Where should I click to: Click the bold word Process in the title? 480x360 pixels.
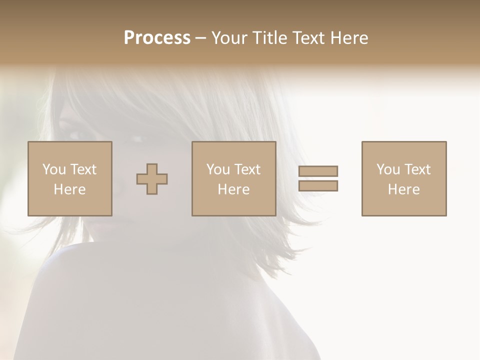pyautogui.click(x=157, y=38)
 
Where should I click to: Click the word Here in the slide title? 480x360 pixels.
pyautogui.click(x=350, y=38)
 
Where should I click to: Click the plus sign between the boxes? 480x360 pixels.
pyautogui.click(x=152, y=179)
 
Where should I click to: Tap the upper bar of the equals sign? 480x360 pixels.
pyautogui.click(x=318, y=171)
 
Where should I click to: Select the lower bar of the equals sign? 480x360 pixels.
pyautogui.click(x=318, y=186)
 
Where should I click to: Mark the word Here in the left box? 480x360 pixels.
pyautogui.click(x=69, y=189)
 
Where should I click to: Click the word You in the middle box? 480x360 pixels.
pyautogui.click(x=218, y=169)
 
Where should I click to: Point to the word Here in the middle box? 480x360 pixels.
pyautogui.click(x=233, y=189)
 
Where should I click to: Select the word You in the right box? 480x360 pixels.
pyautogui.click(x=388, y=169)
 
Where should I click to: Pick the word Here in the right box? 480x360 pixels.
pyautogui.click(x=403, y=189)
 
